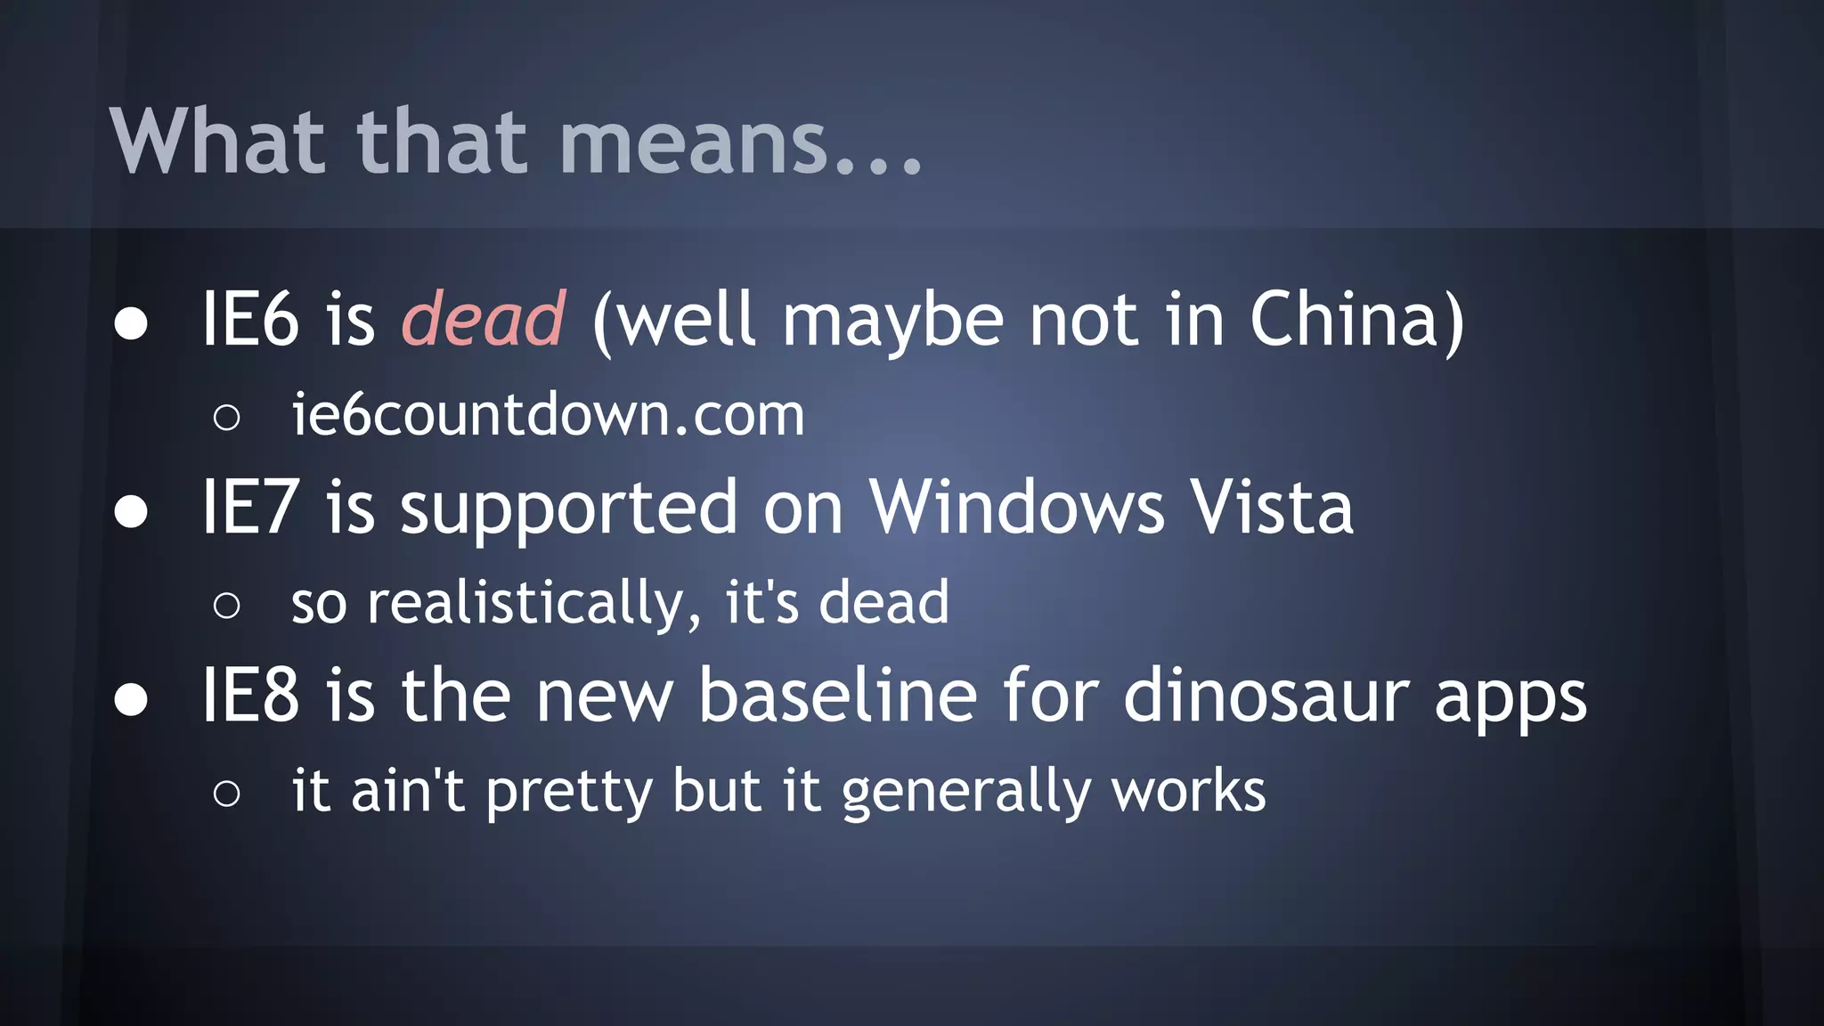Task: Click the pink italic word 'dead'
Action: (483, 319)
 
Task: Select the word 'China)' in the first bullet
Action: (1356, 320)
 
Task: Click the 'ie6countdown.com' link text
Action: (548, 415)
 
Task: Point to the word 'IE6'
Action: (250, 320)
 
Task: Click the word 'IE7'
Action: (250, 508)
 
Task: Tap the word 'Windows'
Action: (1016, 508)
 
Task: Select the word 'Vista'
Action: (1272, 508)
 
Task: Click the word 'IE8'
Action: (250, 696)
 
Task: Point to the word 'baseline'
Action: (837, 696)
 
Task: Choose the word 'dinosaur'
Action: (1266, 696)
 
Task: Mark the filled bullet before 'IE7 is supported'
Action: (131, 511)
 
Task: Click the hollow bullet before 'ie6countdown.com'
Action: (227, 417)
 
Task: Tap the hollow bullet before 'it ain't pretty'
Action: (227, 793)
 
